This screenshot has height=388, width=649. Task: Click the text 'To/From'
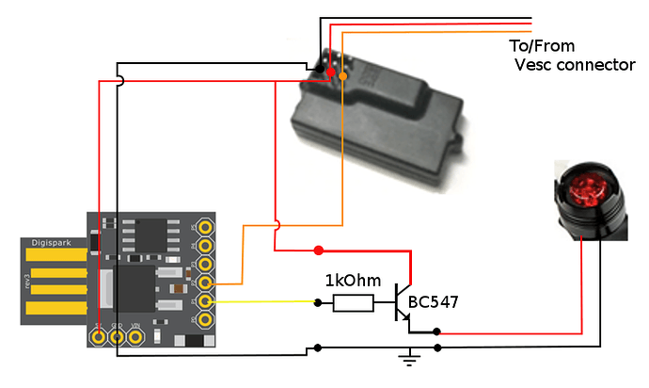[542, 46]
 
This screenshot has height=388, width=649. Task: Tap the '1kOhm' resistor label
[353, 281]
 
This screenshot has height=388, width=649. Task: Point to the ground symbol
[407, 357]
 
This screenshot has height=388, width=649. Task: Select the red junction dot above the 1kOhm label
[318, 251]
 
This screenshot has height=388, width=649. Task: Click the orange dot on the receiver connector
[342, 75]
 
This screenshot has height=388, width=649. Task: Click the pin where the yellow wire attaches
[204, 301]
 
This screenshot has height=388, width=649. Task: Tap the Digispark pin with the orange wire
[204, 283]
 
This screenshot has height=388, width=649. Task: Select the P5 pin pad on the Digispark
[204, 227]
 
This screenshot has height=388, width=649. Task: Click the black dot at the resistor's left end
[318, 303]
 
